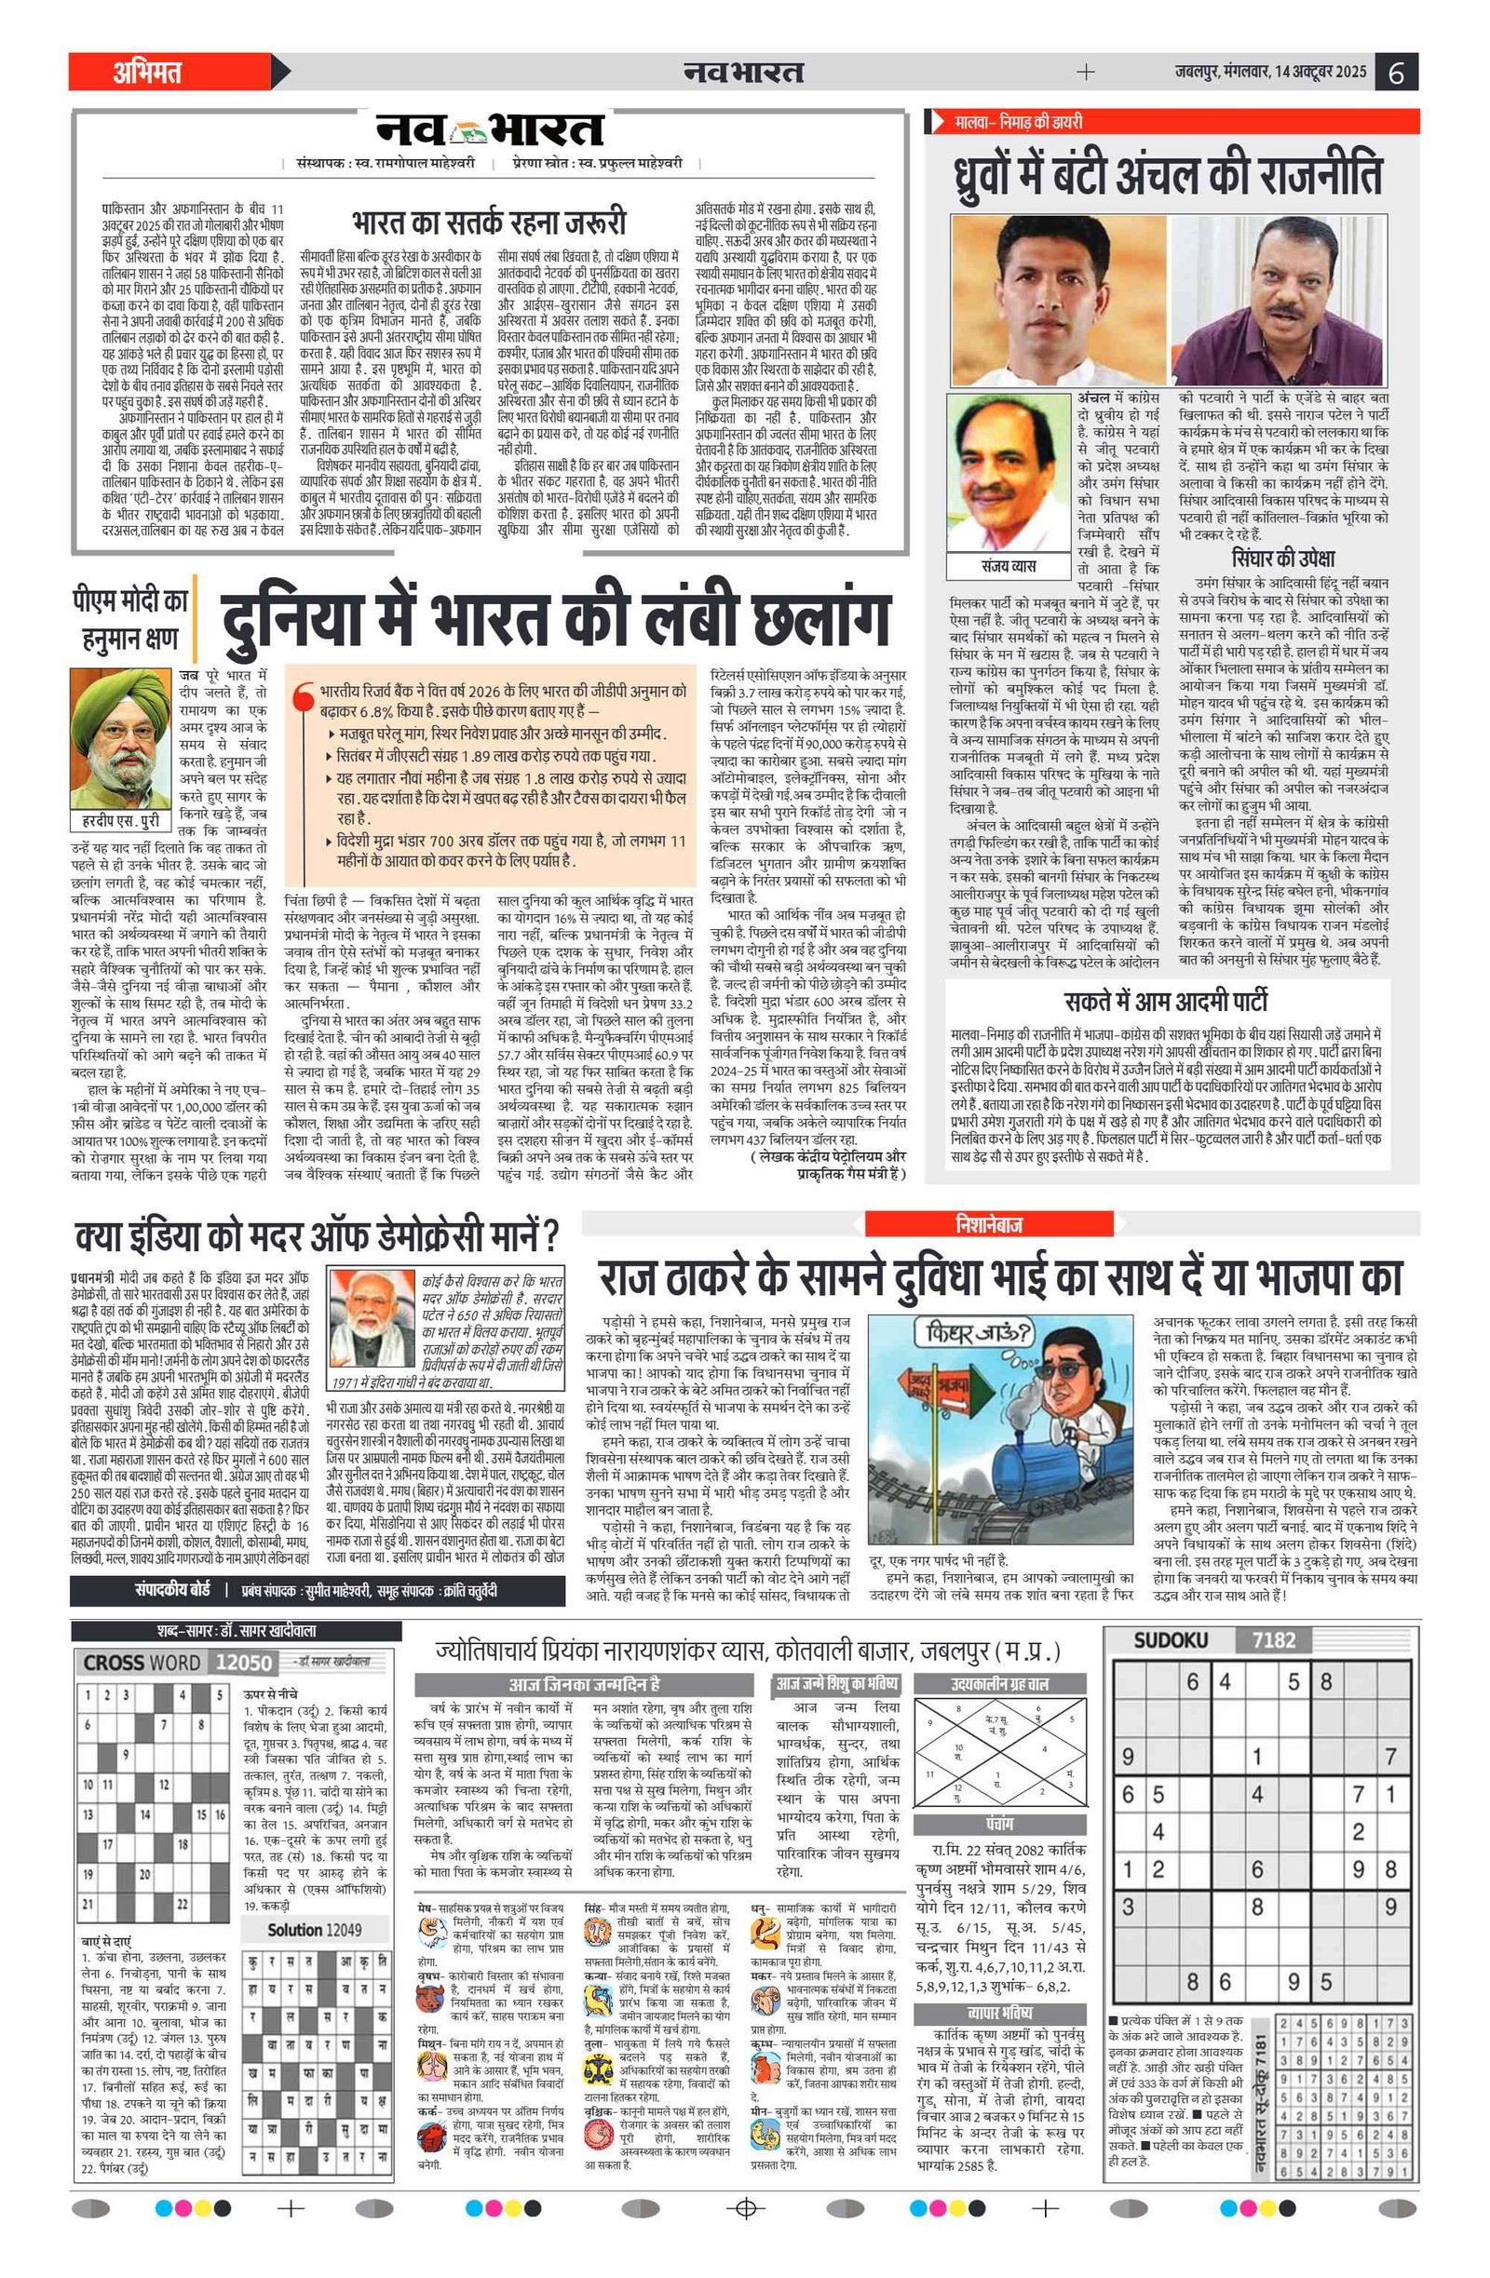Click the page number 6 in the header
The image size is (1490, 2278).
(x=1395, y=73)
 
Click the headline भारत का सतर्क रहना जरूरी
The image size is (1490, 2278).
(x=488, y=222)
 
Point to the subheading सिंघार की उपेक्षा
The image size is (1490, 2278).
(x=1282, y=558)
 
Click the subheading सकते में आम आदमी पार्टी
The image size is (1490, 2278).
(x=1164, y=1002)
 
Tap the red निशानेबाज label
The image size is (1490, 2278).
(x=987, y=1223)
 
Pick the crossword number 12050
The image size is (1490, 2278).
(x=244, y=1663)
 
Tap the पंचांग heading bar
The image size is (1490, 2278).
(x=1000, y=1824)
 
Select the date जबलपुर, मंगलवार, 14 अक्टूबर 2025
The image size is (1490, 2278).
(x=1271, y=73)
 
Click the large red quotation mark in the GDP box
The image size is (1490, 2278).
(x=305, y=694)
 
